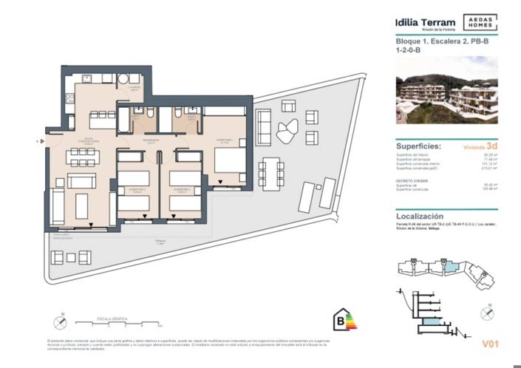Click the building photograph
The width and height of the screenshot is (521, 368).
point(446,89)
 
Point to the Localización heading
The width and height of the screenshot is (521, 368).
point(422,216)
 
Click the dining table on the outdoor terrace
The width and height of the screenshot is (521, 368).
point(275,173)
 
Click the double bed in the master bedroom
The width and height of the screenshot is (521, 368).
point(225,160)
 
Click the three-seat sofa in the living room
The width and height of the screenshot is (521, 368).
point(81,181)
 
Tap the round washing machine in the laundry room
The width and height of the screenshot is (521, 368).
point(123,78)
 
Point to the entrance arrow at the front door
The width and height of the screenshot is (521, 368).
point(43,138)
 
